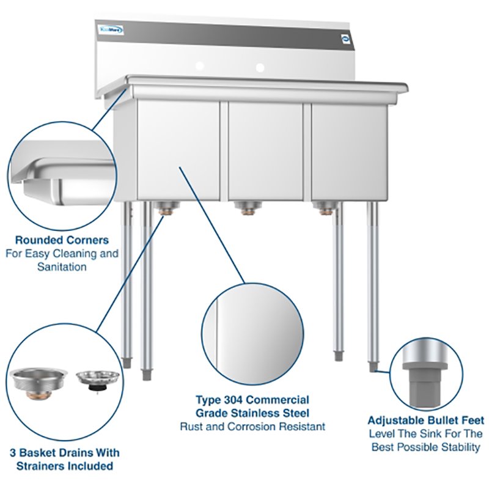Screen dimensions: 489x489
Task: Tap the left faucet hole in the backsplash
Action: pyautogui.click(x=199, y=66)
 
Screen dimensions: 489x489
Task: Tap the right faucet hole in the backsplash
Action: pyautogui.click(x=260, y=67)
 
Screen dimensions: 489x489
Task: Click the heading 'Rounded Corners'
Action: pyautogui.click(x=62, y=240)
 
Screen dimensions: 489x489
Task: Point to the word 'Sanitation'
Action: pyautogui.click(x=62, y=267)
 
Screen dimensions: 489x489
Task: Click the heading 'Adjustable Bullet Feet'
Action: pyautogui.click(x=426, y=421)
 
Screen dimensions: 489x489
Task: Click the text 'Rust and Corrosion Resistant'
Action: pyautogui.click(x=252, y=427)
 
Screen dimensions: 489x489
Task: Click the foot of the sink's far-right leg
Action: pyautogui.click(x=373, y=366)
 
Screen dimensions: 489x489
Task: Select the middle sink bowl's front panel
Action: pyautogui.click(x=265, y=150)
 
